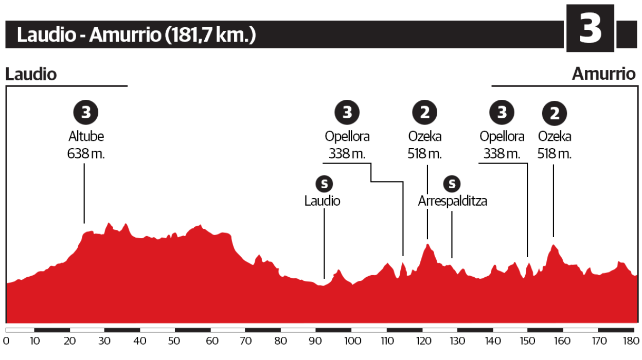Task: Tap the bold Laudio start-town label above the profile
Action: (x=31, y=74)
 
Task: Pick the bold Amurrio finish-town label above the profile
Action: (x=604, y=74)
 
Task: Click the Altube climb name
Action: (x=86, y=137)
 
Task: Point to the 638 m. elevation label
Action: (x=86, y=153)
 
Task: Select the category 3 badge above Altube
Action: (x=86, y=112)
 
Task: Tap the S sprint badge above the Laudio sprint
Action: (x=323, y=183)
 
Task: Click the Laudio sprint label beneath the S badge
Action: (x=323, y=201)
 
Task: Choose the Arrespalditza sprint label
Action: (x=452, y=201)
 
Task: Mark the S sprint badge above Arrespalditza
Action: (x=452, y=183)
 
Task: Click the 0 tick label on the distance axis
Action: (x=6, y=340)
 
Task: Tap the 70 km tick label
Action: (x=245, y=340)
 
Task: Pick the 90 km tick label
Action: (x=316, y=340)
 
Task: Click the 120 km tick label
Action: (x=422, y=340)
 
